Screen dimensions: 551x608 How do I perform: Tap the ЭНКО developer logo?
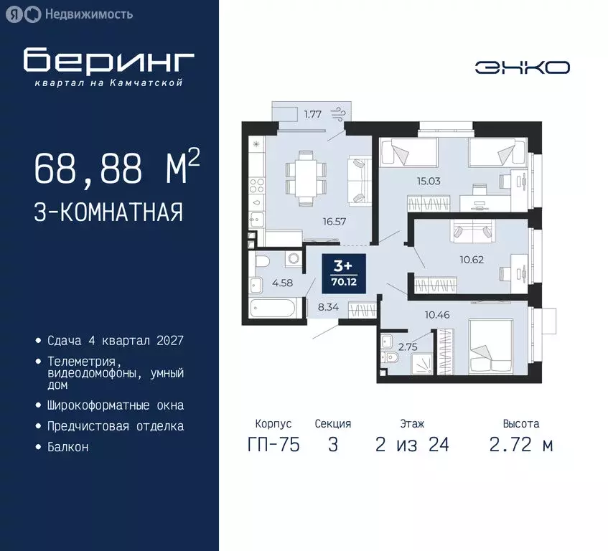point(523,67)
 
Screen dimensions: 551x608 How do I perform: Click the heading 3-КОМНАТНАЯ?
point(108,212)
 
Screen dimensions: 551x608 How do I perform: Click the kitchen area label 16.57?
point(335,222)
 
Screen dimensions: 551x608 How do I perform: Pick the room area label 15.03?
point(429,182)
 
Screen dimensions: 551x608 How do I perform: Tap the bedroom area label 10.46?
point(437,314)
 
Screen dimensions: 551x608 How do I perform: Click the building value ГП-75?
point(273,445)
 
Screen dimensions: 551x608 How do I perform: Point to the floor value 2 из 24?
point(412,445)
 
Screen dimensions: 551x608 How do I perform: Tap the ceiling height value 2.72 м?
point(521,445)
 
